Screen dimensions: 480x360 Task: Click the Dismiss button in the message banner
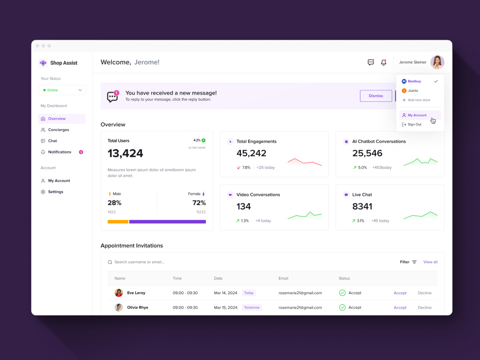376,96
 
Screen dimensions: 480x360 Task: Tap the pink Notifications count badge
81,152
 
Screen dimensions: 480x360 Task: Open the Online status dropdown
62,90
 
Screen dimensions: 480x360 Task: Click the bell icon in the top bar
384,62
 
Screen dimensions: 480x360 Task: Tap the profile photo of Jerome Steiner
437,62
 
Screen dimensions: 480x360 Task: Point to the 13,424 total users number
125,154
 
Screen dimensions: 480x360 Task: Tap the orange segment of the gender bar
118,222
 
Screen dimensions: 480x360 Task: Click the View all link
430,262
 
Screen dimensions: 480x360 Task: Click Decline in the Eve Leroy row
425,293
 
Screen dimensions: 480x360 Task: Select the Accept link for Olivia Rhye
400,308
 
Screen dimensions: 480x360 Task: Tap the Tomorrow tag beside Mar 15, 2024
252,307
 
